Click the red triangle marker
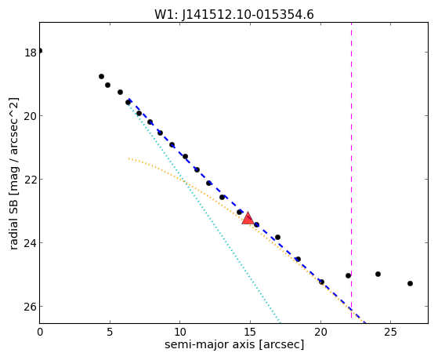(248, 219)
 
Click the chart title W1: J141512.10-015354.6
(234, 15)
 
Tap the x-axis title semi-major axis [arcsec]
(234, 344)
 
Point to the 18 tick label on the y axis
(31, 53)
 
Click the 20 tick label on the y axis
(31, 116)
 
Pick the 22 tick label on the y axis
(31, 180)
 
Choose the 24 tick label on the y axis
(31, 243)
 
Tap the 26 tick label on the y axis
(31, 307)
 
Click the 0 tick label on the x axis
(40, 332)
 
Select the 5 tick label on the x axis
(110, 332)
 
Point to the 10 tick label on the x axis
(180, 332)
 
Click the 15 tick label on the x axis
(250, 332)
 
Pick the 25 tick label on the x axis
(390, 332)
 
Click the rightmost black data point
(410, 284)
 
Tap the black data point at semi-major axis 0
(40, 51)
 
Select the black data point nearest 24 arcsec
(378, 275)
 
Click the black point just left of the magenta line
(348, 276)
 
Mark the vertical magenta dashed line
(351, 173)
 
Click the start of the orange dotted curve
(129, 158)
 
